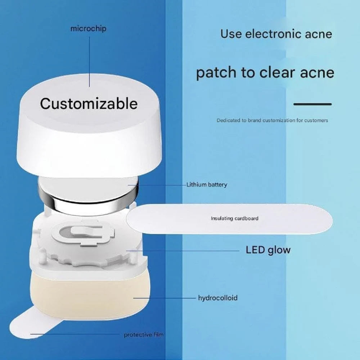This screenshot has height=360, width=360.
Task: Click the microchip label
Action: (89, 29)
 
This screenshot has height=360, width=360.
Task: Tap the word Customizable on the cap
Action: (89, 104)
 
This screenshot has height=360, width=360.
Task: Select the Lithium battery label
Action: (207, 185)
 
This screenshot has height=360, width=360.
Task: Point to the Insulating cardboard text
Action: (235, 218)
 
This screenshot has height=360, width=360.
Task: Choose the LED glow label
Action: (268, 250)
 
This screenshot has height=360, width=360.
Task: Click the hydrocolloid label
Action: (218, 298)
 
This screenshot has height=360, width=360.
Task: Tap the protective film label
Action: (144, 335)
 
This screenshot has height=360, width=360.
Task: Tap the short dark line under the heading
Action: (312, 104)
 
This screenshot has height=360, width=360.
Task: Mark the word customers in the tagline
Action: (316, 120)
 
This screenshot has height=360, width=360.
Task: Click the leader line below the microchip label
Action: (89, 62)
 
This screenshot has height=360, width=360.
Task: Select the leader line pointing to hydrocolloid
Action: (165, 298)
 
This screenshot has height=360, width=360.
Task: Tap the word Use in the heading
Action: (231, 34)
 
